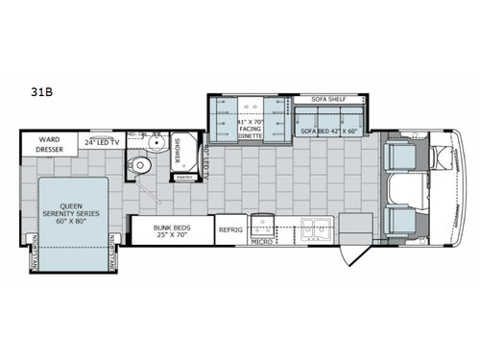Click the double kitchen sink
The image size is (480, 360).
(x=315, y=228)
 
